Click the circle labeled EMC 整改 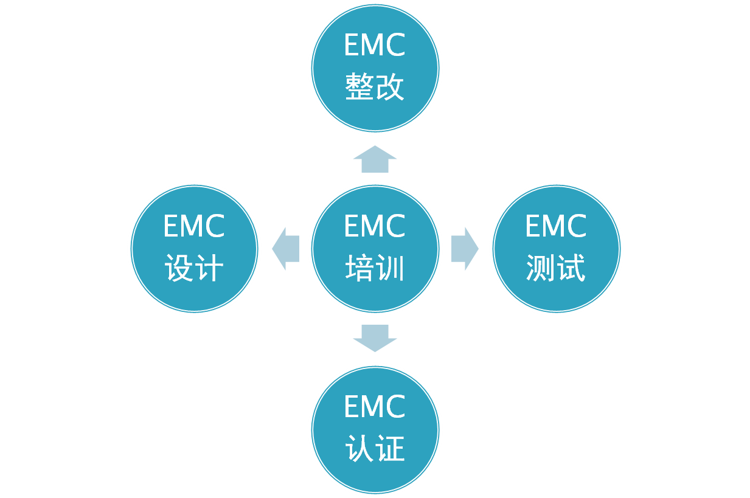tap(375, 67)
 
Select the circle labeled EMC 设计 tap(194, 248)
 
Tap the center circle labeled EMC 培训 tap(375, 248)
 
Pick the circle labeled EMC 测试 tap(556, 248)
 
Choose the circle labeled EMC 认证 tap(375, 429)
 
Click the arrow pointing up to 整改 tap(375, 159)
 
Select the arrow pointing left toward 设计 tap(285, 249)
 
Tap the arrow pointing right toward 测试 tap(465, 249)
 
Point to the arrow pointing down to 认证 tap(375, 337)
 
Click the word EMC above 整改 tap(375, 46)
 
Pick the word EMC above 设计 tap(194, 227)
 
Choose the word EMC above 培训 tap(375, 227)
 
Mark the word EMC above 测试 tap(556, 227)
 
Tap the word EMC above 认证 tap(375, 407)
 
